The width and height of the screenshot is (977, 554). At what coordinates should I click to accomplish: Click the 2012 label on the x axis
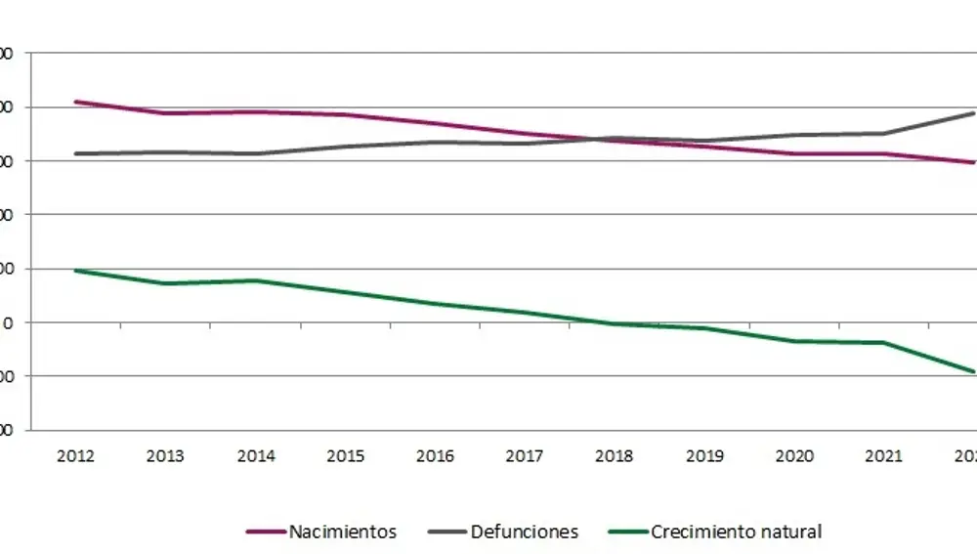point(76,456)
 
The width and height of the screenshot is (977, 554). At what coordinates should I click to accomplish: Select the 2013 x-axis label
point(166,456)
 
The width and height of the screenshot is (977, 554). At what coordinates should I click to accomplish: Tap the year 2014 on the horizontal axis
point(256,456)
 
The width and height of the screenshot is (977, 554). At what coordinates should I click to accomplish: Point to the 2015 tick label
point(346,456)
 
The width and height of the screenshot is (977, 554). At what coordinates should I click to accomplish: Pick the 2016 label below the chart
point(436,456)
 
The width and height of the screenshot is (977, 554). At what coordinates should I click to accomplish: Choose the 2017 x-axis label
point(526,456)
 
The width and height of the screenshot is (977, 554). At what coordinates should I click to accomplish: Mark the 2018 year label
point(616,456)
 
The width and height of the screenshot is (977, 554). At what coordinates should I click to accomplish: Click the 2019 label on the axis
point(705,456)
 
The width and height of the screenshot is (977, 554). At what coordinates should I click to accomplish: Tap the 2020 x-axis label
point(795,456)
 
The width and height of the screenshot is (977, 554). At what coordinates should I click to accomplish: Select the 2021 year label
point(885,456)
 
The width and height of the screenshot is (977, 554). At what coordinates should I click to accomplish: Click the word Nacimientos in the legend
point(343,533)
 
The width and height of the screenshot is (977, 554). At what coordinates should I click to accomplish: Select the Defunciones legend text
point(525,533)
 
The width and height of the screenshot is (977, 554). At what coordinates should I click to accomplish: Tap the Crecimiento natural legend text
point(736,533)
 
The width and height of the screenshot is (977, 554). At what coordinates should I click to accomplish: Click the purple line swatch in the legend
point(266,533)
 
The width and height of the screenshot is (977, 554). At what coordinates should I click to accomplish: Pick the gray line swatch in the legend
point(447,533)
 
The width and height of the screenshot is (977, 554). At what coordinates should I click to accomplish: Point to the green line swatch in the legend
point(627,533)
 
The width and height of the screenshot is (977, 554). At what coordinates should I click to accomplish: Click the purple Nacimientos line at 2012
point(76,102)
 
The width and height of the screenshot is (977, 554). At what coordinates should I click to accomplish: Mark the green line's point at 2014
point(256,280)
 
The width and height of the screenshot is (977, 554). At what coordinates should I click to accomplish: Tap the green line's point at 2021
point(885,342)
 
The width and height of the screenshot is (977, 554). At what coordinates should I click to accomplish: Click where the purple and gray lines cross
point(598,139)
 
